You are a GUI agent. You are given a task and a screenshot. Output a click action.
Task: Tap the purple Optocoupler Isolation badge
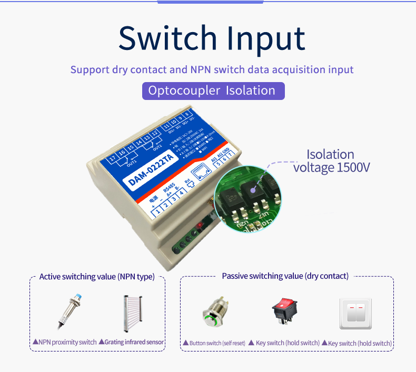pyautogui.click(x=213, y=91)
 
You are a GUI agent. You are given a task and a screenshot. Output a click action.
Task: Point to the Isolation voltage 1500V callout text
pyautogui.click(x=332, y=161)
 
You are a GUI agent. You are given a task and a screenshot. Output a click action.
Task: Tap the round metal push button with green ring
pyautogui.click(x=214, y=316)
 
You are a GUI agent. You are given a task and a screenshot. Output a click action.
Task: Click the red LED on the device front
pyautogui.click(x=201, y=226)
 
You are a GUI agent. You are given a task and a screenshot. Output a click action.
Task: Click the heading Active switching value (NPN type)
pyautogui.click(x=97, y=277)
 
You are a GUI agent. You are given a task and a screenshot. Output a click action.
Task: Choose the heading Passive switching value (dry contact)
pyautogui.click(x=285, y=276)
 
